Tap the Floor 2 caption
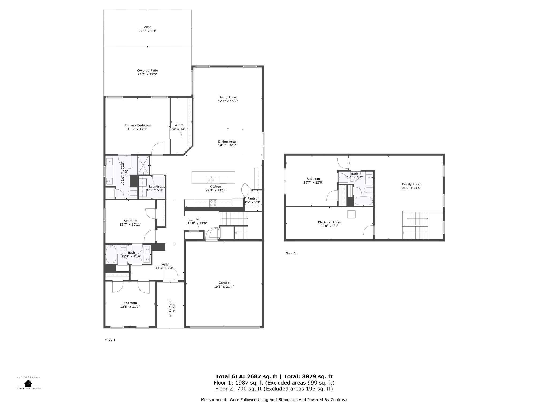click(291, 253)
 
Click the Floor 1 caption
click(110, 340)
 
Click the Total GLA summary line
click(274, 376)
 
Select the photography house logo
click(28, 383)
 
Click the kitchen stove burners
click(213, 203)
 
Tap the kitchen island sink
click(211, 180)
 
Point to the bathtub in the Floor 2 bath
click(364, 201)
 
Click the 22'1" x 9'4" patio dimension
click(147, 31)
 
